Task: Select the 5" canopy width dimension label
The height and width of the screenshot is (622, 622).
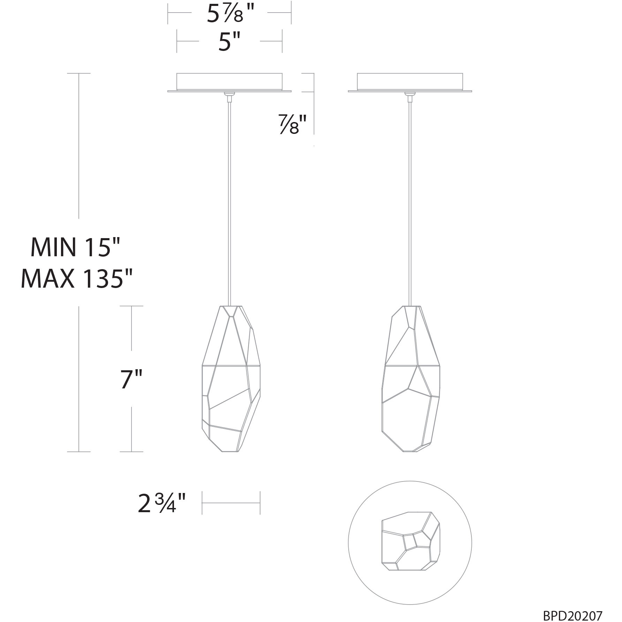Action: click(x=229, y=42)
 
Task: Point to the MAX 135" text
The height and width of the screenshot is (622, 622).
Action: click(x=77, y=278)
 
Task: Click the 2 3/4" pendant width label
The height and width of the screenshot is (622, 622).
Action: click(x=161, y=503)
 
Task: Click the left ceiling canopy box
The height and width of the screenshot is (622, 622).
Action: click(x=229, y=81)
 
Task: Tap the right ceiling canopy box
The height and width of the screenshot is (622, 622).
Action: click(x=410, y=81)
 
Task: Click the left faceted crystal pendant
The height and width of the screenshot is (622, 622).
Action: click(x=231, y=380)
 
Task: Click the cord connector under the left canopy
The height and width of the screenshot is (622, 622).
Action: click(x=229, y=97)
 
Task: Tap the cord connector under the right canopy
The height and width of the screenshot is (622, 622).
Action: click(x=410, y=97)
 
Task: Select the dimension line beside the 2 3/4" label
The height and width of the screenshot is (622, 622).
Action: click(x=231, y=503)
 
